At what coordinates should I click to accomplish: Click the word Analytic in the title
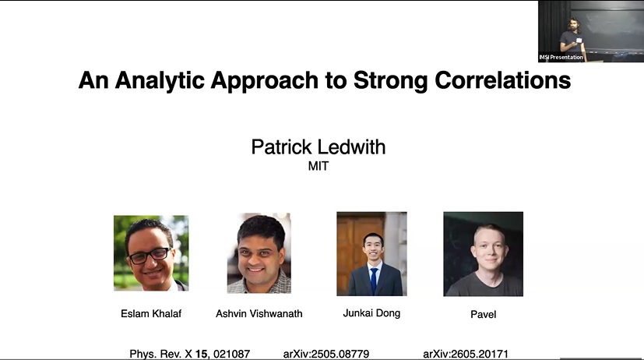[x=160, y=81]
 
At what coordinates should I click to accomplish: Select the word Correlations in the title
[x=503, y=80]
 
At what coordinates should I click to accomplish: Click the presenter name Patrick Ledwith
[x=318, y=147]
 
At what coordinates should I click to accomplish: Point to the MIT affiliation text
[x=318, y=166]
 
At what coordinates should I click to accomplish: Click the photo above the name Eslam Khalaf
[x=151, y=253]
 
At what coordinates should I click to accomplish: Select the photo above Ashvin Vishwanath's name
[x=259, y=253]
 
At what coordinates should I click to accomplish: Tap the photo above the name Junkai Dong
[x=371, y=254]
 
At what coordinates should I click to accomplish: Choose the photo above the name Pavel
[x=483, y=254]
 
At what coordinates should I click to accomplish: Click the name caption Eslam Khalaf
[x=151, y=314]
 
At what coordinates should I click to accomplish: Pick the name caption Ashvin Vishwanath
[x=259, y=314]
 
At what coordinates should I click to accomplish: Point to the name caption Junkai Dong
[x=371, y=313]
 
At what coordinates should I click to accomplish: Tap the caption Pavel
[x=483, y=315]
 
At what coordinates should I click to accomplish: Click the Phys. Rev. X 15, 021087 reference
[x=190, y=354]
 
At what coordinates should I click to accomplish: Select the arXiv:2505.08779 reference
[x=326, y=354]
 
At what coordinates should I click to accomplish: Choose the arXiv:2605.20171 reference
[x=466, y=354]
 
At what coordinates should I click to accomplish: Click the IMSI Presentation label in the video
[x=561, y=57]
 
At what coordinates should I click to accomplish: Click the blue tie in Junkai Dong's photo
[x=374, y=281]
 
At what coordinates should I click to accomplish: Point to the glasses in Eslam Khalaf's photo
[x=150, y=256]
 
